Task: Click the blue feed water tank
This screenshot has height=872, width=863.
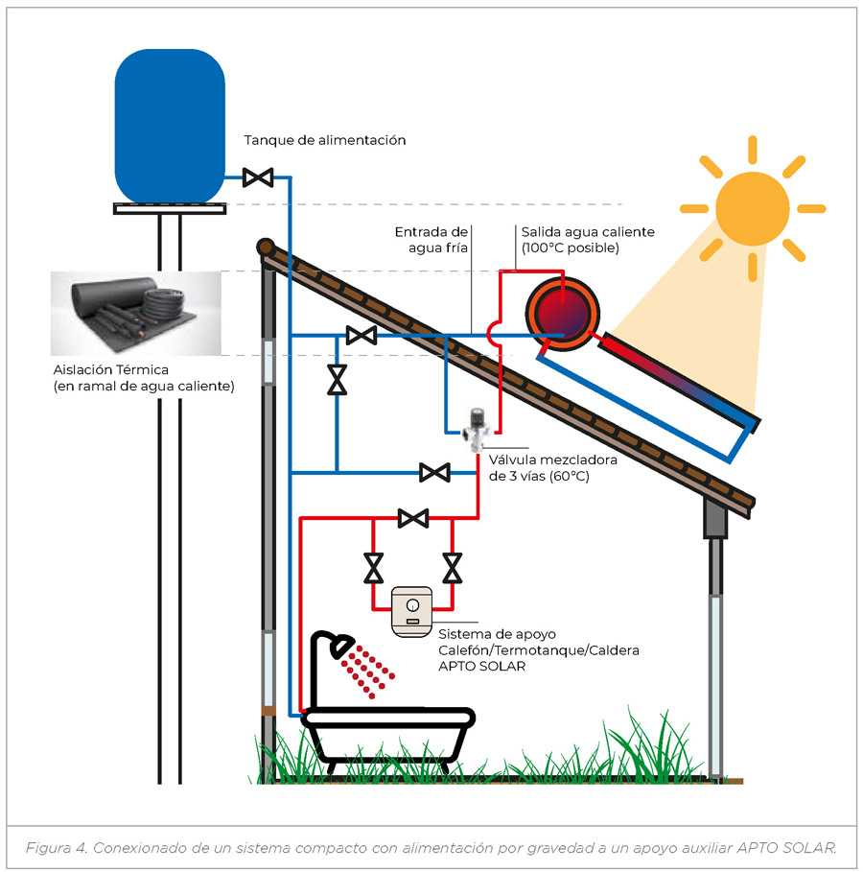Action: click(169, 126)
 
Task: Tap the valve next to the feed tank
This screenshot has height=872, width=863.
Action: click(257, 177)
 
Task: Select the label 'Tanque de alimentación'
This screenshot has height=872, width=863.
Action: click(324, 140)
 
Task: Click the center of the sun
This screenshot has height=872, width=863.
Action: click(752, 206)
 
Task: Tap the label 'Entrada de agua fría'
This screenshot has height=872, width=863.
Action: click(431, 239)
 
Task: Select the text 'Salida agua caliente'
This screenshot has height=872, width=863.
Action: click(588, 232)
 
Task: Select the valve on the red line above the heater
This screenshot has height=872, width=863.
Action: click(413, 518)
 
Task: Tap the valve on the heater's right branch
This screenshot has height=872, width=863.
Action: click(452, 568)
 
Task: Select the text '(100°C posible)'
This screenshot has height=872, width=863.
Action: click(571, 248)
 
